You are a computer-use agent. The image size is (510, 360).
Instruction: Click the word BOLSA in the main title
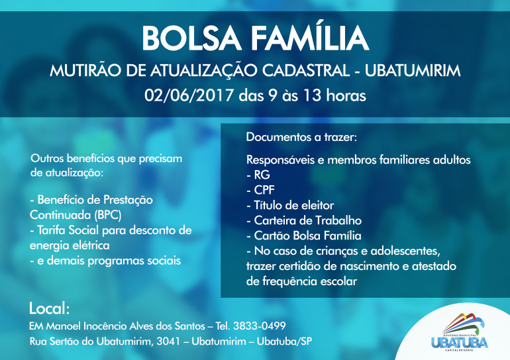[x=191, y=38]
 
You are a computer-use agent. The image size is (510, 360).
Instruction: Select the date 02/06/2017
[x=189, y=95]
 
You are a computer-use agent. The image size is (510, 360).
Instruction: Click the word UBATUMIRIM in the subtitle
[x=413, y=71]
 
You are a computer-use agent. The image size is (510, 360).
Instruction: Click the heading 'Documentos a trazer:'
[x=301, y=137]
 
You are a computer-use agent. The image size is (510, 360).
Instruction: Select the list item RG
[x=258, y=175]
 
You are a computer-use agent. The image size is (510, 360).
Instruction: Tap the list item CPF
[x=260, y=190]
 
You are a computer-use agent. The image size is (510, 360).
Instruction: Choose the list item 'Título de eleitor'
[x=290, y=205]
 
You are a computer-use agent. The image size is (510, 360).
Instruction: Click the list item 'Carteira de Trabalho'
[x=304, y=220]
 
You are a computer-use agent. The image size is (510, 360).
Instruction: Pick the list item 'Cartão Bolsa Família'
[x=304, y=235]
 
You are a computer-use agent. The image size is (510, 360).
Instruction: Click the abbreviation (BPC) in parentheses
[x=108, y=215]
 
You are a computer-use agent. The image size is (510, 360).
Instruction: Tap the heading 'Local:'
[x=49, y=308]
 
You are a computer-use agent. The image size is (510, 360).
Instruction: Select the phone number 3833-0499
[x=259, y=326]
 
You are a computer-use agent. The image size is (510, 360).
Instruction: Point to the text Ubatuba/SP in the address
[x=284, y=341]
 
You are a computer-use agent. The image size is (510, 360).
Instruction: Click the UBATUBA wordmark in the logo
[x=460, y=343]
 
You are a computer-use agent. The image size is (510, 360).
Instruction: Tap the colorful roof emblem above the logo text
[x=464, y=323]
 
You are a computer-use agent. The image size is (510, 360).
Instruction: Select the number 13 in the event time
[x=313, y=95]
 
